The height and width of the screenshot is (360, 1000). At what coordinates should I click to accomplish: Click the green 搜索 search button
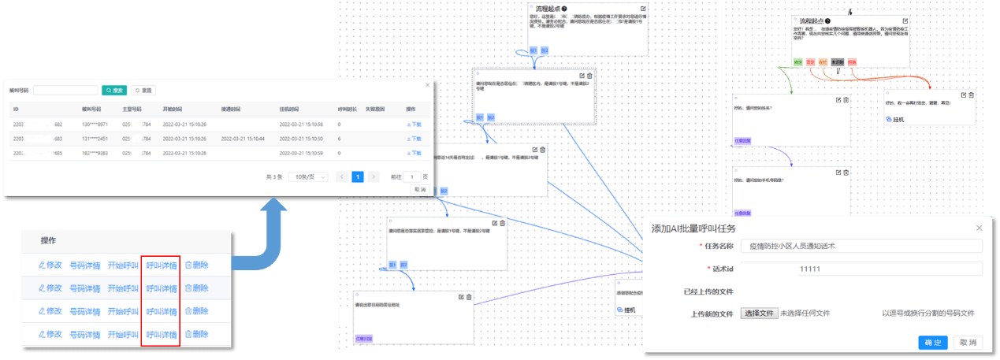114,91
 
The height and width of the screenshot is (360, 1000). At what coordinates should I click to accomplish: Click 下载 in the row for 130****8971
414,124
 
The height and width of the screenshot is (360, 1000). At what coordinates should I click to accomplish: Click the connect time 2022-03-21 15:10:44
243,139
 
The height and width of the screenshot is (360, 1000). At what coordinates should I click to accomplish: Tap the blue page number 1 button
357,176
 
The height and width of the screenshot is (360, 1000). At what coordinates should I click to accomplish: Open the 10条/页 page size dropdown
307,176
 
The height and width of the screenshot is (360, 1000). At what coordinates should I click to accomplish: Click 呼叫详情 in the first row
161,265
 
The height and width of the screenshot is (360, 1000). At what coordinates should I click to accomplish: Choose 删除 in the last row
197,334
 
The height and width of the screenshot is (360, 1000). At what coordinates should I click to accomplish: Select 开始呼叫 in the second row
123,288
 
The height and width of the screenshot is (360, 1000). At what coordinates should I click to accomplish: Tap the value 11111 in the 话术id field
809,269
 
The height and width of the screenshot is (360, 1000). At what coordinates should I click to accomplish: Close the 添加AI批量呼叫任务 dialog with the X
980,228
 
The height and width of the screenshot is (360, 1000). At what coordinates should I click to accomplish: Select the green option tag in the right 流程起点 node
798,61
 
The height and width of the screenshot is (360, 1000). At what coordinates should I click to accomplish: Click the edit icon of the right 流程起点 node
905,20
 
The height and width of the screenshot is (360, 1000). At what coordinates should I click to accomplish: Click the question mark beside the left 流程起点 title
564,9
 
